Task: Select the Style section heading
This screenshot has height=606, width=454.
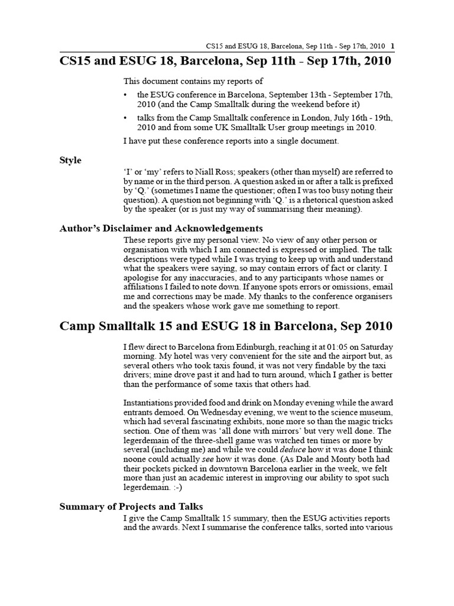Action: coord(70,160)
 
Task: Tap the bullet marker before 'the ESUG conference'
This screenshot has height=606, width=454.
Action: coord(126,95)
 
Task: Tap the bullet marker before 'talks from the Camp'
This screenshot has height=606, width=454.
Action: coord(126,118)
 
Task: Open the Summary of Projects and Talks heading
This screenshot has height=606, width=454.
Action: coord(131,506)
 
